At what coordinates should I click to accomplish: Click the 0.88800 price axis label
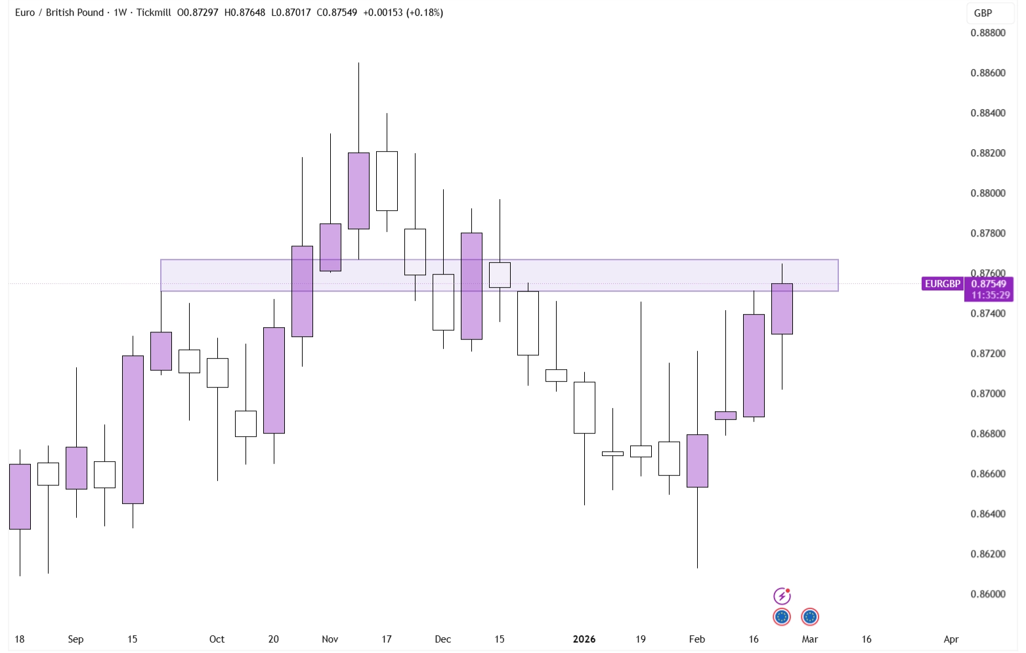(987, 33)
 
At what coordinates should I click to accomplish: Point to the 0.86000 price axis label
(987, 594)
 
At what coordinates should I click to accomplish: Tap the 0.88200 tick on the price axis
(987, 153)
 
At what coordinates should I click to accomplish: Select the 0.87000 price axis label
(987, 394)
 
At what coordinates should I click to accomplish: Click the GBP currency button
(983, 13)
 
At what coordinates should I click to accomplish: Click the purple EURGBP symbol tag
(943, 284)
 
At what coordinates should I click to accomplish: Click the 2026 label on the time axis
(584, 639)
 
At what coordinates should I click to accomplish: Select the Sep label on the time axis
(75, 639)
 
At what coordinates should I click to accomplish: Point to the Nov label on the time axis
(330, 639)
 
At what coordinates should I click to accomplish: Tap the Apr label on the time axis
(951, 639)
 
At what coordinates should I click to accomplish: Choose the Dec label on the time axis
(443, 639)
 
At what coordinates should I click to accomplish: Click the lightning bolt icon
(782, 596)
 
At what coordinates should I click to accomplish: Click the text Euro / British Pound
(59, 12)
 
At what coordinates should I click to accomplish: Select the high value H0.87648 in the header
(245, 12)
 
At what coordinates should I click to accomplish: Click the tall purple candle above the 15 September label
(133, 430)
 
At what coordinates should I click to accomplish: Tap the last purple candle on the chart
(782, 309)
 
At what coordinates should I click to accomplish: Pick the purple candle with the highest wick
(358, 191)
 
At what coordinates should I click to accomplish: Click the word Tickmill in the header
(154, 12)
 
